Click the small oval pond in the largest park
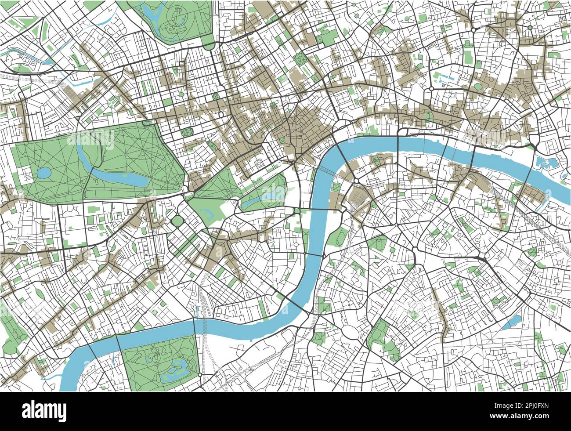click(44, 173)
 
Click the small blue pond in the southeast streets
click(511, 323)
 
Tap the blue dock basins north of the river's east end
click(545, 163)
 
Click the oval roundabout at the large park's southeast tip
click(189, 195)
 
